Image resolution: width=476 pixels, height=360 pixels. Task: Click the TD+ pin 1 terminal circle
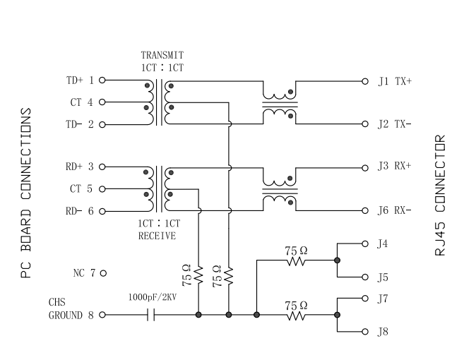coord(102,80)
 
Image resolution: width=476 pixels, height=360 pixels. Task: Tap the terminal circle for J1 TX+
coord(365,81)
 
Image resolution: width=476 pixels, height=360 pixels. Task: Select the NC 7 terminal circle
coord(103,273)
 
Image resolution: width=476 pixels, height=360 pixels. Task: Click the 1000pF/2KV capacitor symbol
coord(151,315)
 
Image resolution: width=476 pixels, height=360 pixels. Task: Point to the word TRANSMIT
coord(162,55)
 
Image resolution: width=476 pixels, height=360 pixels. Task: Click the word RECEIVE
coord(157,236)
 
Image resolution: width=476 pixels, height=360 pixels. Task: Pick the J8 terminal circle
coord(365,332)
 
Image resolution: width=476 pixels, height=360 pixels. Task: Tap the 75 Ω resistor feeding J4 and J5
coord(296,260)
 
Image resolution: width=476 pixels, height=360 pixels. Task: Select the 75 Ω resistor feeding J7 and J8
coord(296,316)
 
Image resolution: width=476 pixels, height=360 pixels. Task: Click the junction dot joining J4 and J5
coord(337,260)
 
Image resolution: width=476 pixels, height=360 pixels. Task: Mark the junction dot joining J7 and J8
coord(337,315)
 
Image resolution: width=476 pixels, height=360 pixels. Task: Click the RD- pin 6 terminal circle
coord(102,211)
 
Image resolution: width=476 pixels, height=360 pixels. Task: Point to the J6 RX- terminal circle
coord(365,210)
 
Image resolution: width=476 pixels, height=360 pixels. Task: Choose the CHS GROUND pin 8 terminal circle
coord(102,315)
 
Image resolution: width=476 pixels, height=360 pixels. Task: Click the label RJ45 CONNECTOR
coord(440,196)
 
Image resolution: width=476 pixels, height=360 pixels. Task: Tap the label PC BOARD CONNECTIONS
coord(26,193)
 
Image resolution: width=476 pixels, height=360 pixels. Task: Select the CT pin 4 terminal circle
coord(102,102)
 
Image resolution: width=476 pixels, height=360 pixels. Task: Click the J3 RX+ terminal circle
coord(365,168)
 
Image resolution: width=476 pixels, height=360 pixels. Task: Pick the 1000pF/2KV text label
coord(153,297)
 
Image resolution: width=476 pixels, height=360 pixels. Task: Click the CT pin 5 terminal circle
coord(102,189)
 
